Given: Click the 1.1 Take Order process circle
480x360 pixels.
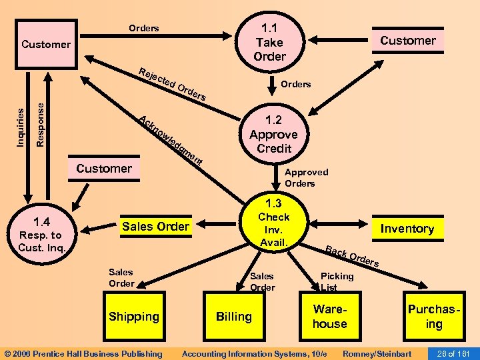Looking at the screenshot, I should pyautogui.click(x=269, y=42).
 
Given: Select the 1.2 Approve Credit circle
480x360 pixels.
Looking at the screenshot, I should pyautogui.click(x=273, y=134).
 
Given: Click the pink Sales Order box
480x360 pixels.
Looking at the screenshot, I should pyautogui.click(x=155, y=227).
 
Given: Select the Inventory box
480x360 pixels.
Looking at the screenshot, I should pyautogui.click(x=407, y=229).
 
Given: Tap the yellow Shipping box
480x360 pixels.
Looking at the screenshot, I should pyautogui.click(x=134, y=317).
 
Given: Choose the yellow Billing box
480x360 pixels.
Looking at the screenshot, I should pyautogui.click(x=233, y=317).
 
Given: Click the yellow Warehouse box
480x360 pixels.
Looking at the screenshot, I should pyautogui.click(x=330, y=317).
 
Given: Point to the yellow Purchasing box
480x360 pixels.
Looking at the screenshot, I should pyautogui.click(x=434, y=317).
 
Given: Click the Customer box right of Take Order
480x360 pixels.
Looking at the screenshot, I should pyautogui.click(x=407, y=41).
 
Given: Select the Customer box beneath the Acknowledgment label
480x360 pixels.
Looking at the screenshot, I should pyautogui.click(x=104, y=169).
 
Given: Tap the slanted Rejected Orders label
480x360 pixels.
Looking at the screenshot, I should pyautogui.click(x=172, y=85).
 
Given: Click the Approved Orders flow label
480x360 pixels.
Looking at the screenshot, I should pyautogui.click(x=306, y=177).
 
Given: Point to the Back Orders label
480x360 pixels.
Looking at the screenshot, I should pyautogui.click(x=352, y=257).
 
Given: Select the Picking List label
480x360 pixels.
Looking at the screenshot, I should pyautogui.click(x=337, y=281).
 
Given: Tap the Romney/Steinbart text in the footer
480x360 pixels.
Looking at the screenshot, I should pyautogui.click(x=377, y=353).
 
